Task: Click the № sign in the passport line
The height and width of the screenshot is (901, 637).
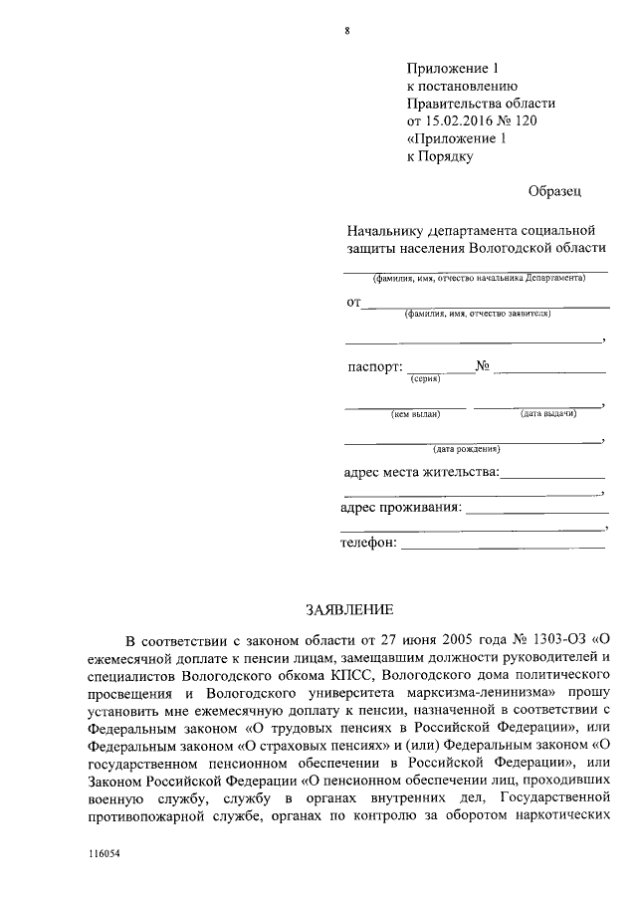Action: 485,365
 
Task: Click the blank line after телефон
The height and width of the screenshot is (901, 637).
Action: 503,546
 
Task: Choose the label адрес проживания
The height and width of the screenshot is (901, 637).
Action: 400,508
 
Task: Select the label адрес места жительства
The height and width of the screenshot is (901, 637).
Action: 420,472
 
